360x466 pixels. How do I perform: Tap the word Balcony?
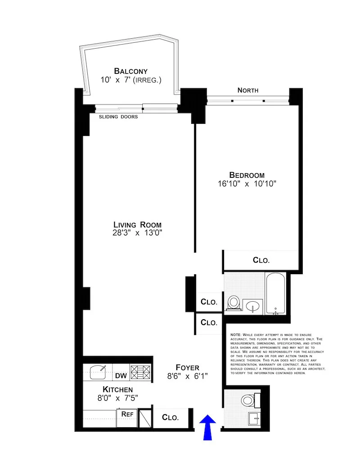130,71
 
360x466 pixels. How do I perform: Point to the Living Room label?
137,225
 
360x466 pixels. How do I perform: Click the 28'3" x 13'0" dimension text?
137,233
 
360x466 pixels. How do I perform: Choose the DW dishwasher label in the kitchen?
121,376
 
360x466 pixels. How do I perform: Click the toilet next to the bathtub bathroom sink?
234,303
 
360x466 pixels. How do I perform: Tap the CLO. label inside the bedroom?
261,260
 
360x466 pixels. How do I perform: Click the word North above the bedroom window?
248,90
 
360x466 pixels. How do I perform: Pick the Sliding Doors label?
118,117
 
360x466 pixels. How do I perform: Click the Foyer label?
188,367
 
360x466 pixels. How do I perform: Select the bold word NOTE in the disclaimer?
235,335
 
